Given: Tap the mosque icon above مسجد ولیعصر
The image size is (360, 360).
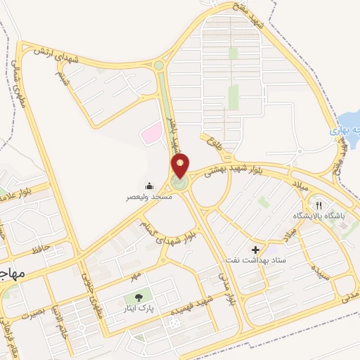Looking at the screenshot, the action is click(x=150, y=186).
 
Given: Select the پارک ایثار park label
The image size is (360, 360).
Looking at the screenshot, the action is click(x=139, y=309).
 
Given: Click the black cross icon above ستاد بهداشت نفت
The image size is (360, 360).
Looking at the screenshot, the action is click(x=255, y=250).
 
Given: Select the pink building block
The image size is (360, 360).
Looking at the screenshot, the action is click(x=150, y=133).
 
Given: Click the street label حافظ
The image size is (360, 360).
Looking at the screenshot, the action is click(x=39, y=249).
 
